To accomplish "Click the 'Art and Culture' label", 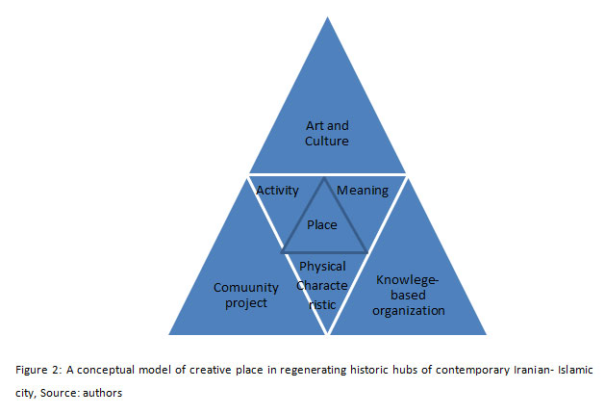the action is pos(327,133).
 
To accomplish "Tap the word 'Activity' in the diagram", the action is pos(277,191).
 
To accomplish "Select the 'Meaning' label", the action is pos(363,191).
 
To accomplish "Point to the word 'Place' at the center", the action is pos(322,224).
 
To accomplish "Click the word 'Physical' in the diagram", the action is pos(322,267).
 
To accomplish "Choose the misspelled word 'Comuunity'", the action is pos(246,288).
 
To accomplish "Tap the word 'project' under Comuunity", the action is pos(246,303).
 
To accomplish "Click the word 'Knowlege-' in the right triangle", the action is pos(407,279).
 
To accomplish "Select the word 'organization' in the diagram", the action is pos(409,310).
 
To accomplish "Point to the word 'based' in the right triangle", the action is pos(408,295).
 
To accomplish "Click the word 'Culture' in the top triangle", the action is pos(327,141).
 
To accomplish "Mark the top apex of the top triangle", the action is pos(328,17).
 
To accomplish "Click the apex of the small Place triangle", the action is pos(324,178).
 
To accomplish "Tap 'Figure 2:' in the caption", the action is pos(38,370).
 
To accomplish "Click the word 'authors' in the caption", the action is pos(102,393).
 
